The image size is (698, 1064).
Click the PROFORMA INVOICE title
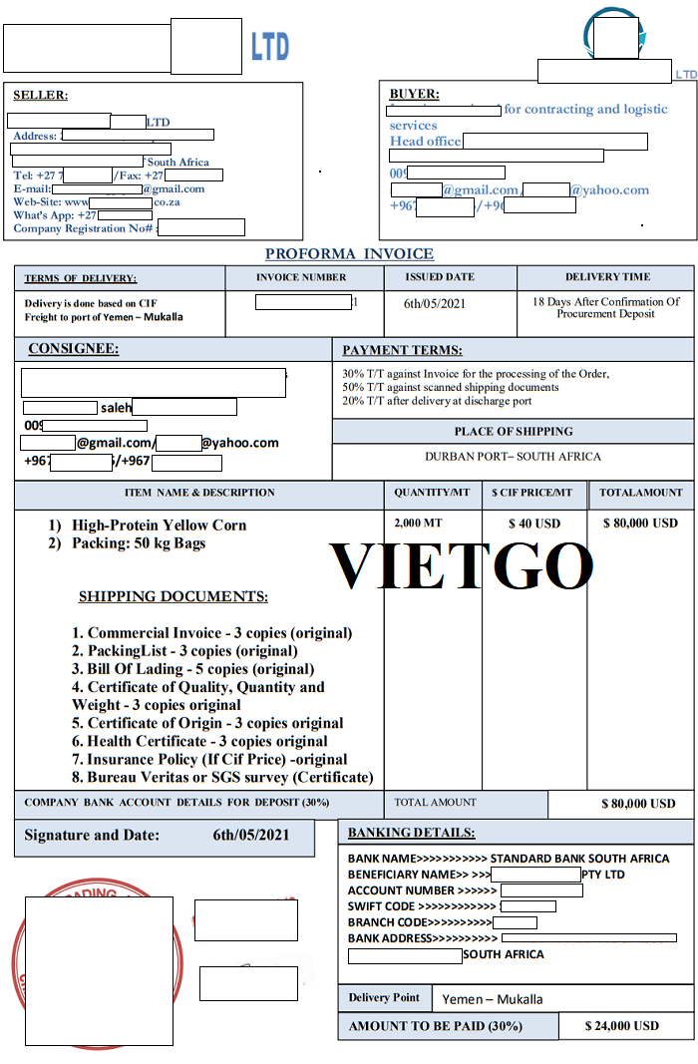pyautogui.click(x=349, y=254)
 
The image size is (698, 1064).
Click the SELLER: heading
pyautogui.click(x=40, y=96)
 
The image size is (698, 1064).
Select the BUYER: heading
pyautogui.click(x=413, y=94)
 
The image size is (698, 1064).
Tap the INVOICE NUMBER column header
pyautogui.click(x=301, y=277)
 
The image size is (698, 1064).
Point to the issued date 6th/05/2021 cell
pyautogui.click(x=435, y=303)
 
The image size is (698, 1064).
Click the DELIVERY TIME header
pyautogui.click(x=606, y=277)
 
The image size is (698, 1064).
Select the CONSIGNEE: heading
pyautogui.click(x=73, y=349)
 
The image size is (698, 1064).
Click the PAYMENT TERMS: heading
pyautogui.click(x=402, y=350)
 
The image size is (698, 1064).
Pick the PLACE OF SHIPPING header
pyautogui.click(x=514, y=432)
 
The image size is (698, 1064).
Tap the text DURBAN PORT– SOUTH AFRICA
pyautogui.click(x=513, y=457)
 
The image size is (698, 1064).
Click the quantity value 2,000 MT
pyautogui.click(x=418, y=524)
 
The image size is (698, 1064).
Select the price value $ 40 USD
pyautogui.click(x=534, y=524)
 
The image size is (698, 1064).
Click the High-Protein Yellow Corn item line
pyautogui.click(x=159, y=526)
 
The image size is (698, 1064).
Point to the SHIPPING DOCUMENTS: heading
pyautogui.click(x=173, y=596)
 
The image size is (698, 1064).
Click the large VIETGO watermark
pyautogui.click(x=462, y=564)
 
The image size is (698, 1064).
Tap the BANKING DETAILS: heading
pyautogui.click(x=411, y=833)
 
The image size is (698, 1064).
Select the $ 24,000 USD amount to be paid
pyautogui.click(x=622, y=1026)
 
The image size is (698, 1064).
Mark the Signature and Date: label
pyautogui.click(x=92, y=836)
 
